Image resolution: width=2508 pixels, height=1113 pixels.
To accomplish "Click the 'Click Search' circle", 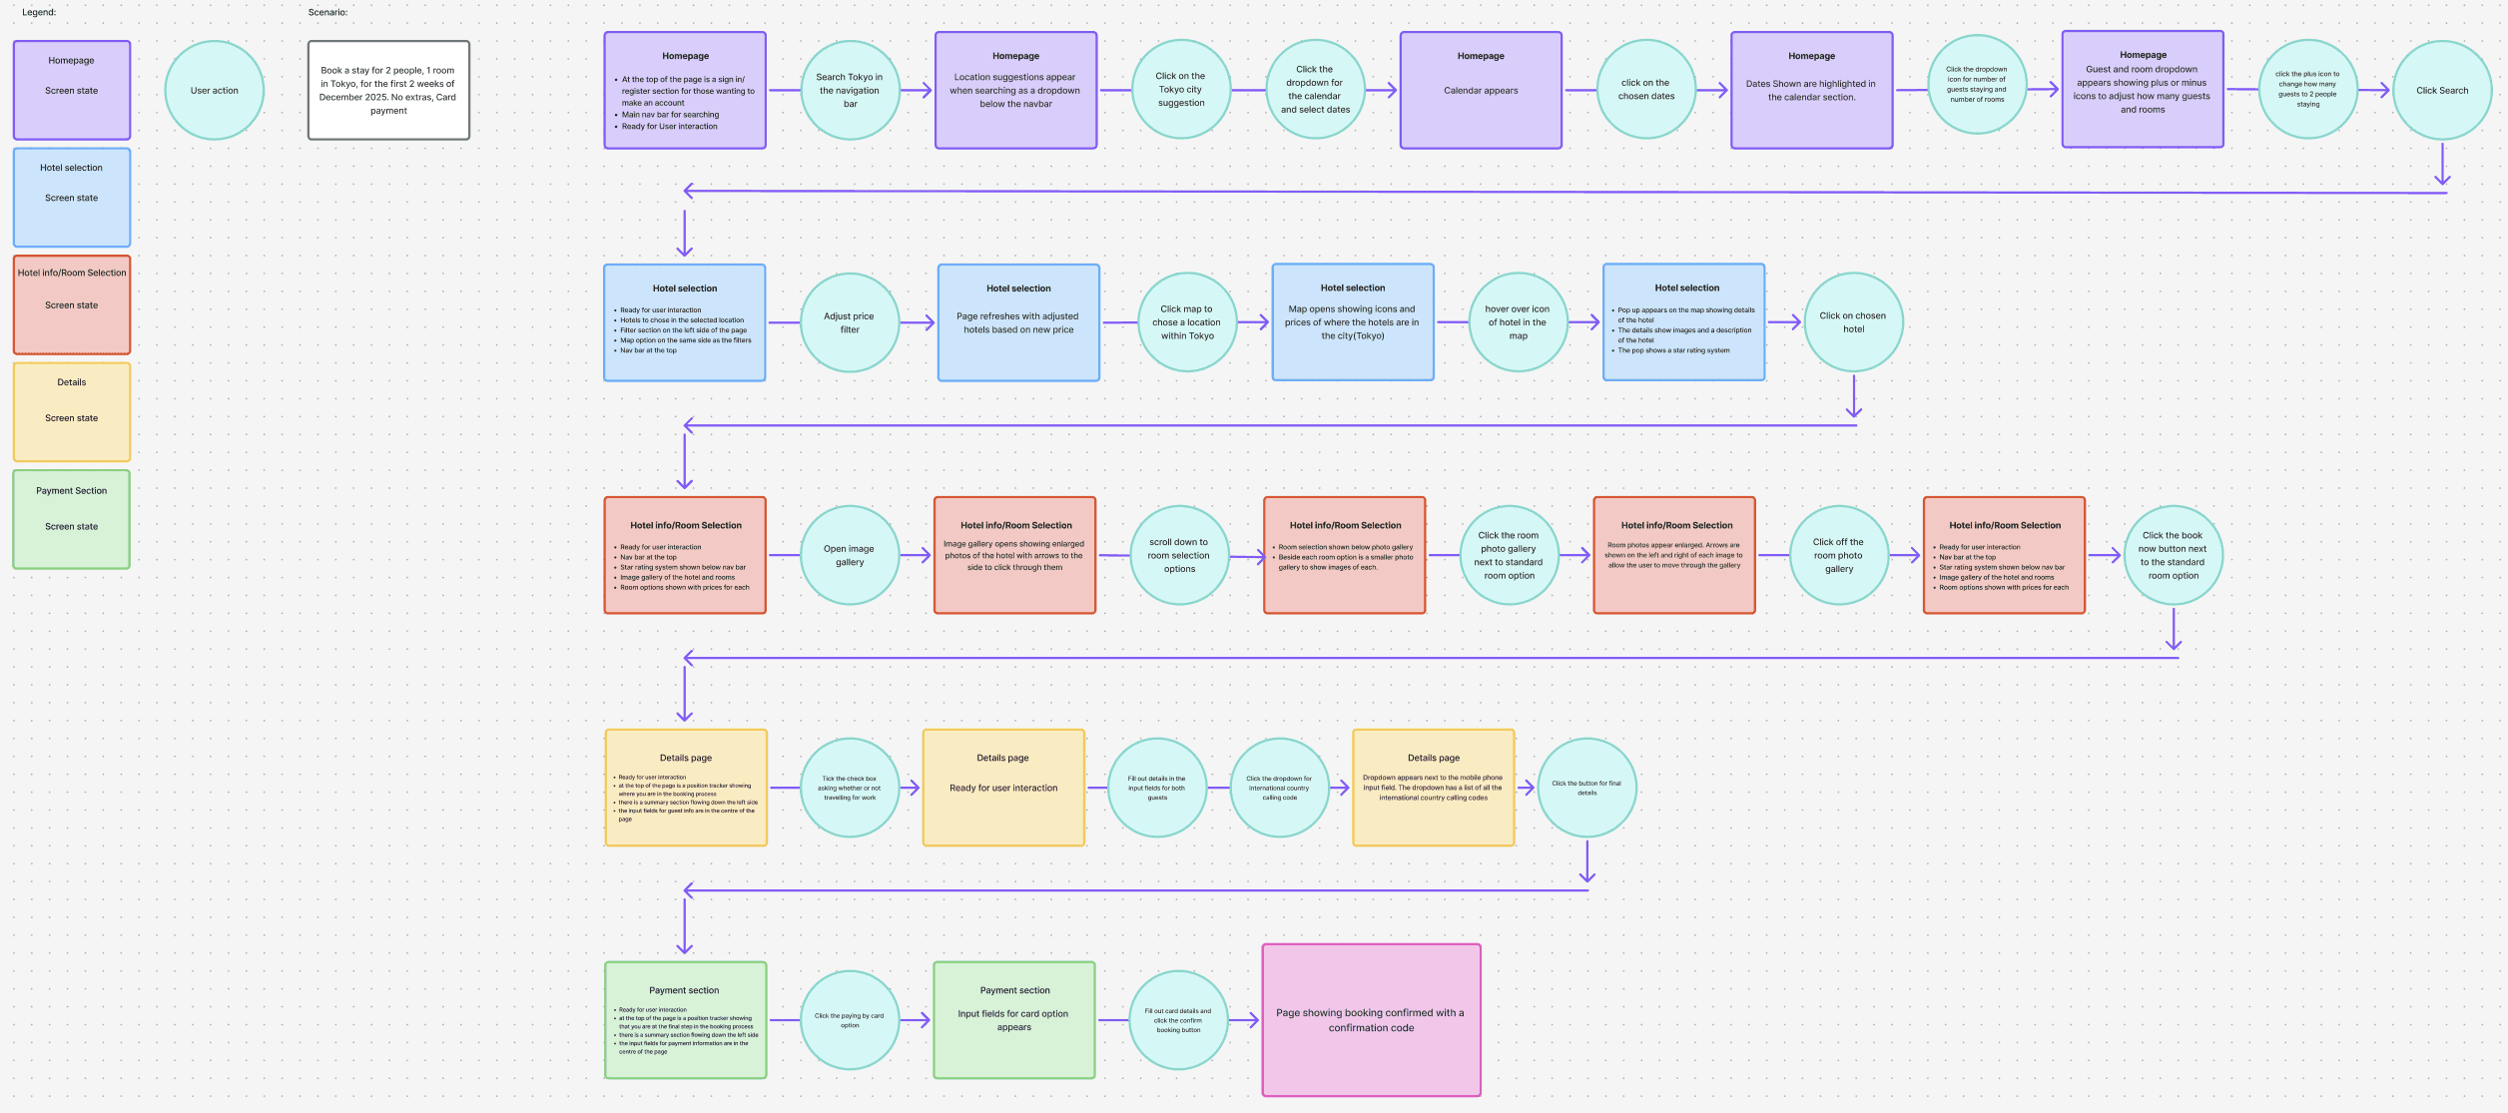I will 2441,90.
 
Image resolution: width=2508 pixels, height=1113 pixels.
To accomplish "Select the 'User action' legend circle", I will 214,90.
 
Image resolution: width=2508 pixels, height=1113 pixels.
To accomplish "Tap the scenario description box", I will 388,90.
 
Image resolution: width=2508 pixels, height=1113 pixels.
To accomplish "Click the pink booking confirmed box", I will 1371,1019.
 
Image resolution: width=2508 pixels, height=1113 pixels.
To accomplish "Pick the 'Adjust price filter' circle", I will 850,322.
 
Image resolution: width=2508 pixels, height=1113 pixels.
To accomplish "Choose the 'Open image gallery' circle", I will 850,555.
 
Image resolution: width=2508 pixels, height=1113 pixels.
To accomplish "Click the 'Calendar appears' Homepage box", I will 1481,90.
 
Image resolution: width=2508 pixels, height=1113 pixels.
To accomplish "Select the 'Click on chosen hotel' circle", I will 1853,322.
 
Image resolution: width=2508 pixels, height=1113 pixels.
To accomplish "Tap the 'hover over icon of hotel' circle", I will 1518,322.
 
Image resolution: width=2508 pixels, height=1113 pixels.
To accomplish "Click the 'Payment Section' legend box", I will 72,519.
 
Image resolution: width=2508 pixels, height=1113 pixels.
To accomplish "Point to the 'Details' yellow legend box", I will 72,411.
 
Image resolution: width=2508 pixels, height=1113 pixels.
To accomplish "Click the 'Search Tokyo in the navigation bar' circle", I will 850,90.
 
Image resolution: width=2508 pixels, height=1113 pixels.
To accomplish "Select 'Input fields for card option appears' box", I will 1014,1019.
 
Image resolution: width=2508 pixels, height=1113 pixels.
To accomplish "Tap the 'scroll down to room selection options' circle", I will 1179,555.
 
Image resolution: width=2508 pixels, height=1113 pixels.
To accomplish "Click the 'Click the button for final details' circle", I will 1586,788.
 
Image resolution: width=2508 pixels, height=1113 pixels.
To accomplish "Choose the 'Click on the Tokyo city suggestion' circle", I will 1181,90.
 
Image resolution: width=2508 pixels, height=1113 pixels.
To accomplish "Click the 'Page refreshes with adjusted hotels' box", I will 1018,322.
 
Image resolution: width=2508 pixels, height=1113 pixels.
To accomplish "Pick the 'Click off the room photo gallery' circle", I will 1839,555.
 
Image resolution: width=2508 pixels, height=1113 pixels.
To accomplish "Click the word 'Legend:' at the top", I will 39,13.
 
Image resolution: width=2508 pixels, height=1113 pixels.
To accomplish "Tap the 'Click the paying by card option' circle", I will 850,1019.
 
